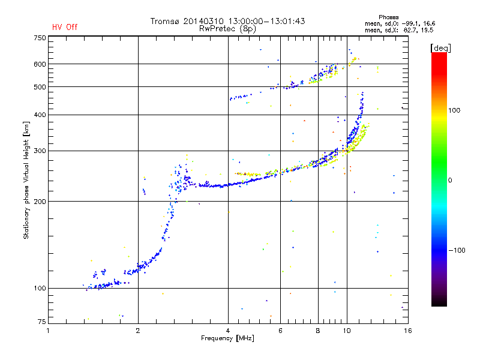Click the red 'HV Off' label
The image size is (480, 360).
coord(65,27)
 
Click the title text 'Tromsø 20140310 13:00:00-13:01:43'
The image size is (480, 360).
coord(227,21)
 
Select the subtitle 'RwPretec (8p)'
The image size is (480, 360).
coord(227,29)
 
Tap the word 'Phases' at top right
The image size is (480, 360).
coord(388,17)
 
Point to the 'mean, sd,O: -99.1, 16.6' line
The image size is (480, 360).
coord(400,23)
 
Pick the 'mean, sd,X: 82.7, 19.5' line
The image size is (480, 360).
coord(399,30)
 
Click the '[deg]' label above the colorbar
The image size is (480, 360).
coord(440,48)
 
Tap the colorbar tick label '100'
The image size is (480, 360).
coord(454,110)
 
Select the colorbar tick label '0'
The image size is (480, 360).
coord(450,180)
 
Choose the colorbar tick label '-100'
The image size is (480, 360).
coord(457,250)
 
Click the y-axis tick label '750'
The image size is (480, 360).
coord(40,38)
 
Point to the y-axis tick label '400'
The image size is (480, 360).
coord(40,115)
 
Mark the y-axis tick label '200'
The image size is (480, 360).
coord(40,202)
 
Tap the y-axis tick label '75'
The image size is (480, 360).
coord(42,322)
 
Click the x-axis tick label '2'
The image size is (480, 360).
coord(138,331)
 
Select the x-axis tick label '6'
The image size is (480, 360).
coord(280,331)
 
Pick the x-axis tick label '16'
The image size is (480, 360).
coord(408,331)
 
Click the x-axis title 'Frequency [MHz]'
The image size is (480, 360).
coord(227,338)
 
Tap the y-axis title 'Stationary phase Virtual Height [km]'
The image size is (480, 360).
coord(26,180)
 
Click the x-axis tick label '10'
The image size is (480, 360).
coord(347,331)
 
